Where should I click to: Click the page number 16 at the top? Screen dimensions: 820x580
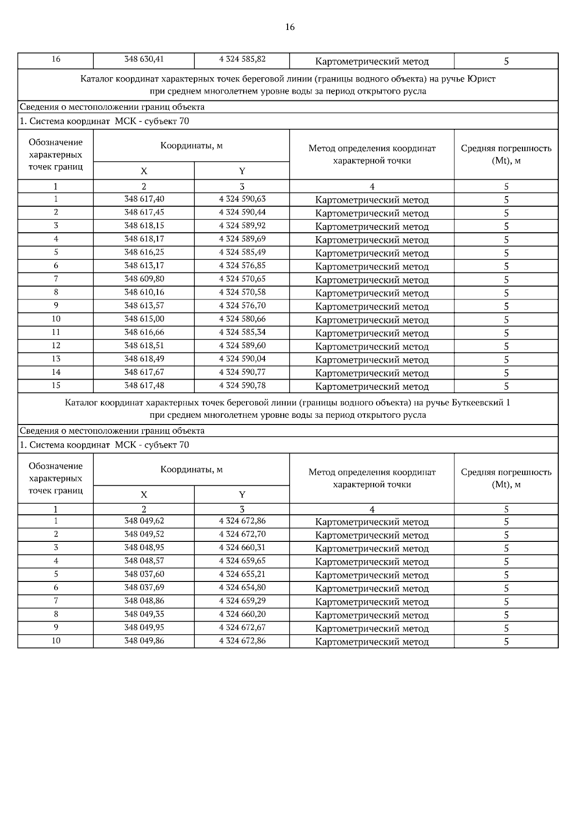290,27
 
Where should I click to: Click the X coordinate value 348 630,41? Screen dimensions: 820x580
144,59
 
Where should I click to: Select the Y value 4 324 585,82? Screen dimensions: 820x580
242,59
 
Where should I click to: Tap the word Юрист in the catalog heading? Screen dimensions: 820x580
481,78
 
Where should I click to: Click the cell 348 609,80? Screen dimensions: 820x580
144,279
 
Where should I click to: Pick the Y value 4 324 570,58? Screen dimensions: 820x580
242,292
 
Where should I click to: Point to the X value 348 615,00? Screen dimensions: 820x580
144,319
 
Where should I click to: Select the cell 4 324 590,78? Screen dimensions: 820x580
242,385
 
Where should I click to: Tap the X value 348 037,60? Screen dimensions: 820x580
144,574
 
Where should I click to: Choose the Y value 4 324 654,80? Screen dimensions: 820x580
242,587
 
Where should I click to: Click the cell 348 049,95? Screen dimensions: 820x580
144,627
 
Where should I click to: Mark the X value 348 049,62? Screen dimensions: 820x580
144,521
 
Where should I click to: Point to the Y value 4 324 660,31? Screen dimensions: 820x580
242,547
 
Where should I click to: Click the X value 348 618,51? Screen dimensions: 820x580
144,345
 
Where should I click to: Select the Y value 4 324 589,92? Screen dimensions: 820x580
242,226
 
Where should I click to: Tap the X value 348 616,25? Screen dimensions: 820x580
144,252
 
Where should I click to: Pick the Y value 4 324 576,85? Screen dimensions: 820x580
242,266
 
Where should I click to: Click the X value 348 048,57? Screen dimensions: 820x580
144,561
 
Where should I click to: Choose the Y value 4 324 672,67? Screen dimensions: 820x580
242,627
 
